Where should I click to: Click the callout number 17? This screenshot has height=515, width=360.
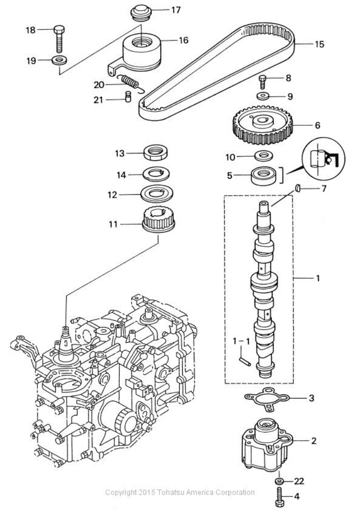175,9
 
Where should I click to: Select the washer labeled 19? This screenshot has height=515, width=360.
60,61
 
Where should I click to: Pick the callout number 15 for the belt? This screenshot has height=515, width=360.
319,44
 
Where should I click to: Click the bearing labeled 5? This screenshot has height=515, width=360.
263,174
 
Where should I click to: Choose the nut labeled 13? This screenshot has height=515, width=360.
156,153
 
